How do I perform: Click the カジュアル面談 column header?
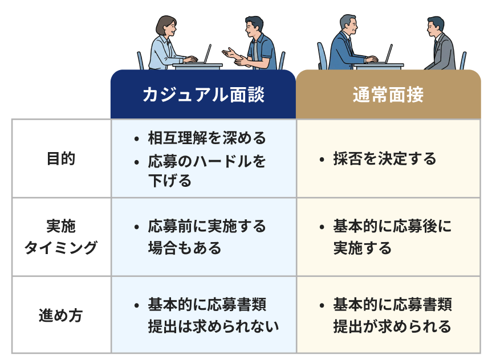coord(203,95)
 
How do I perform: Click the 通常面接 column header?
coord(388,95)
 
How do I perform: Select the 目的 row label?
coord(60,159)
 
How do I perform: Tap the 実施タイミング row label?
coord(60,237)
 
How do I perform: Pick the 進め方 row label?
coord(60,315)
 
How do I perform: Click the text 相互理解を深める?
coord(206,138)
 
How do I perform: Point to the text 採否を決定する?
coord(385,159)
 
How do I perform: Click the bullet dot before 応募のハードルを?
coord(136,162)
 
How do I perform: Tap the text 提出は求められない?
coord(213,326)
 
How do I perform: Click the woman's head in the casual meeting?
coord(166,26)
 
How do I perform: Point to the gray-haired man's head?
coord(348,24)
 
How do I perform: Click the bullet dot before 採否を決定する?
coord(322,159)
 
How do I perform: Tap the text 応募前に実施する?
coord(206,227)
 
